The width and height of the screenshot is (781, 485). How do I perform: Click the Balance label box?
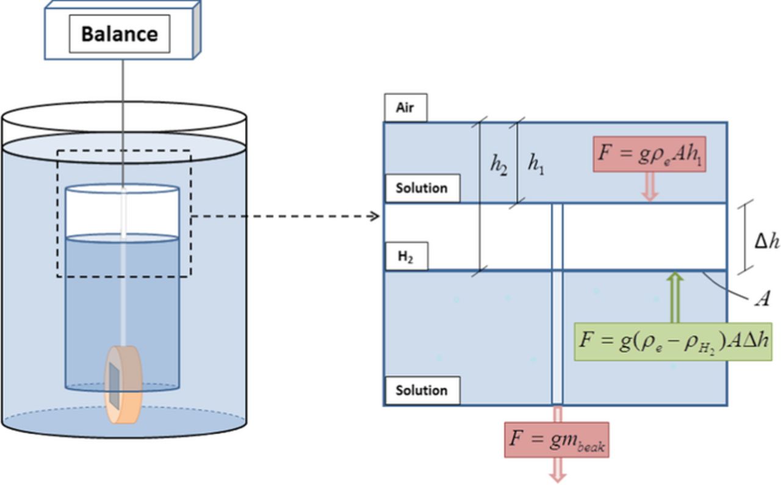tap(119, 34)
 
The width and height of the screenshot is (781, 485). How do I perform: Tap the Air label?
tap(405, 108)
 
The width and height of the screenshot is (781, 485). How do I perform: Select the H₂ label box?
tap(406, 257)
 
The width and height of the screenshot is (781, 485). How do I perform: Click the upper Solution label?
tap(422, 188)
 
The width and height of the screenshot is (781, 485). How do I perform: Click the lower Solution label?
tap(422, 390)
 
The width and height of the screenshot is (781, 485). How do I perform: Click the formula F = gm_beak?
tap(556, 439)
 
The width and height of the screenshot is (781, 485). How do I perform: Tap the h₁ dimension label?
tap(535, 164)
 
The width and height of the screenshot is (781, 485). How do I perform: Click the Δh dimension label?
tap(767, 242)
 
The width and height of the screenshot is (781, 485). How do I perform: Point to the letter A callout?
tap(762, 299)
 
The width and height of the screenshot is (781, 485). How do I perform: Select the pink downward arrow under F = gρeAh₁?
tap(650, 187)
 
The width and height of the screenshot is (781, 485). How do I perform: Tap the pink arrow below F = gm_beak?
tap(556, 470)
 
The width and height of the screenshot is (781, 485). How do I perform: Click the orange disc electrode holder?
tap(124, 384)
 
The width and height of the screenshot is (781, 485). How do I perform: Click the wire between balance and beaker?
tap(123, 122)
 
